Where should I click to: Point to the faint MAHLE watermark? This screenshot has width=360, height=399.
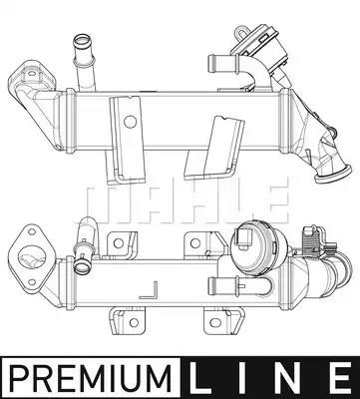click(x=187, y=203)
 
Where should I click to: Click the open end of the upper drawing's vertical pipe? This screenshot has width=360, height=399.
click(x=81, y=40)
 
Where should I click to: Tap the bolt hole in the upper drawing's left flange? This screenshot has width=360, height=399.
click(x=32, y=74)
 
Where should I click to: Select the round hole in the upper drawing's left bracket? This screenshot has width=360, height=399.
click(x=130, y=122)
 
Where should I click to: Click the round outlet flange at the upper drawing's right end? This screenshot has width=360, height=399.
click(x=333, y=175)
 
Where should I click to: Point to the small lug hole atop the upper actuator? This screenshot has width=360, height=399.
click(x=241, y=32)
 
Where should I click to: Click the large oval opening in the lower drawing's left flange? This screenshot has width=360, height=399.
click(x=32, y=258)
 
